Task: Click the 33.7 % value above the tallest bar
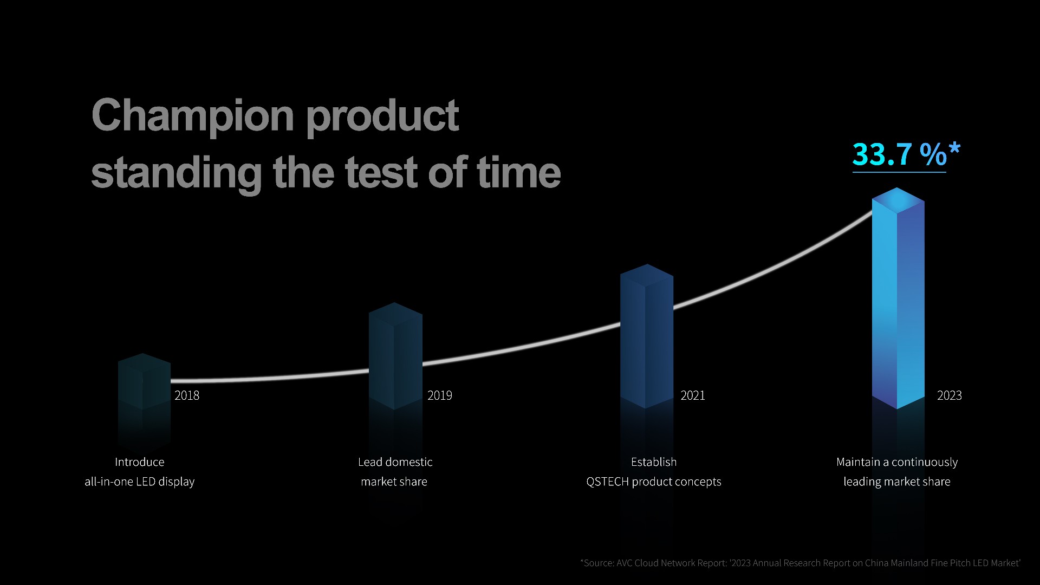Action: point(899,154)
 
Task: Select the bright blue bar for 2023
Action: point(898,298)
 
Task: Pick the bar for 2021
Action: point(647,336)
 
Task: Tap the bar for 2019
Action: point(395,356)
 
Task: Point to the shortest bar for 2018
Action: point(144,381)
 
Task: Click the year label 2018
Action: point(187,395)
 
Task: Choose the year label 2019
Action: point(440,395)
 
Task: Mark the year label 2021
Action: point(693,395)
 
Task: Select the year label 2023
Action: point(950,395)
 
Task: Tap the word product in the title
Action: point(382,118)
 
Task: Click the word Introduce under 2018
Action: point(139,462)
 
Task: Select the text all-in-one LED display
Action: point(139,482)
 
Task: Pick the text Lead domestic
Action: point(395,462)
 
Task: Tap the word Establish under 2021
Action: point(654,462)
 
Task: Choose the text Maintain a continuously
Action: point(897,462)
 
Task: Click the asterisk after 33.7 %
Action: point(954,149)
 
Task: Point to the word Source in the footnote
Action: point(599,563)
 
